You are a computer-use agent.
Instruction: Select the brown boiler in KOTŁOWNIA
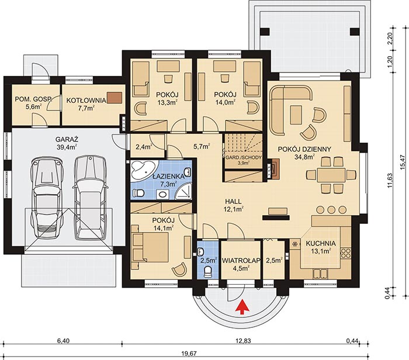coord(114,98)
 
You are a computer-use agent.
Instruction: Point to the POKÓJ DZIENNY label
coord(304,149)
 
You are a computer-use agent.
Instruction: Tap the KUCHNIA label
coord(321,243)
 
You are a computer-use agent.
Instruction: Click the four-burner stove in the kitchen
coord(346,253)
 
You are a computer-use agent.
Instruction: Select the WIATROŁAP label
coord(241,260)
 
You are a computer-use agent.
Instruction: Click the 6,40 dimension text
coord(63,341)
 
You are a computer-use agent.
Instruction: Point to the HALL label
coord(234,202)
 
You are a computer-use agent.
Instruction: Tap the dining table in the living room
coord(331,175)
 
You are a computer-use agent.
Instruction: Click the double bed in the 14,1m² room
coord(151,247)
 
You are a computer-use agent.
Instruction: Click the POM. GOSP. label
coord(33,99)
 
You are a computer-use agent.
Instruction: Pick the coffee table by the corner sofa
coord(296,115)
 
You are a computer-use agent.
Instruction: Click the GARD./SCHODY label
coord(244,158)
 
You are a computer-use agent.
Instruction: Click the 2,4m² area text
coord(144,147)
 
